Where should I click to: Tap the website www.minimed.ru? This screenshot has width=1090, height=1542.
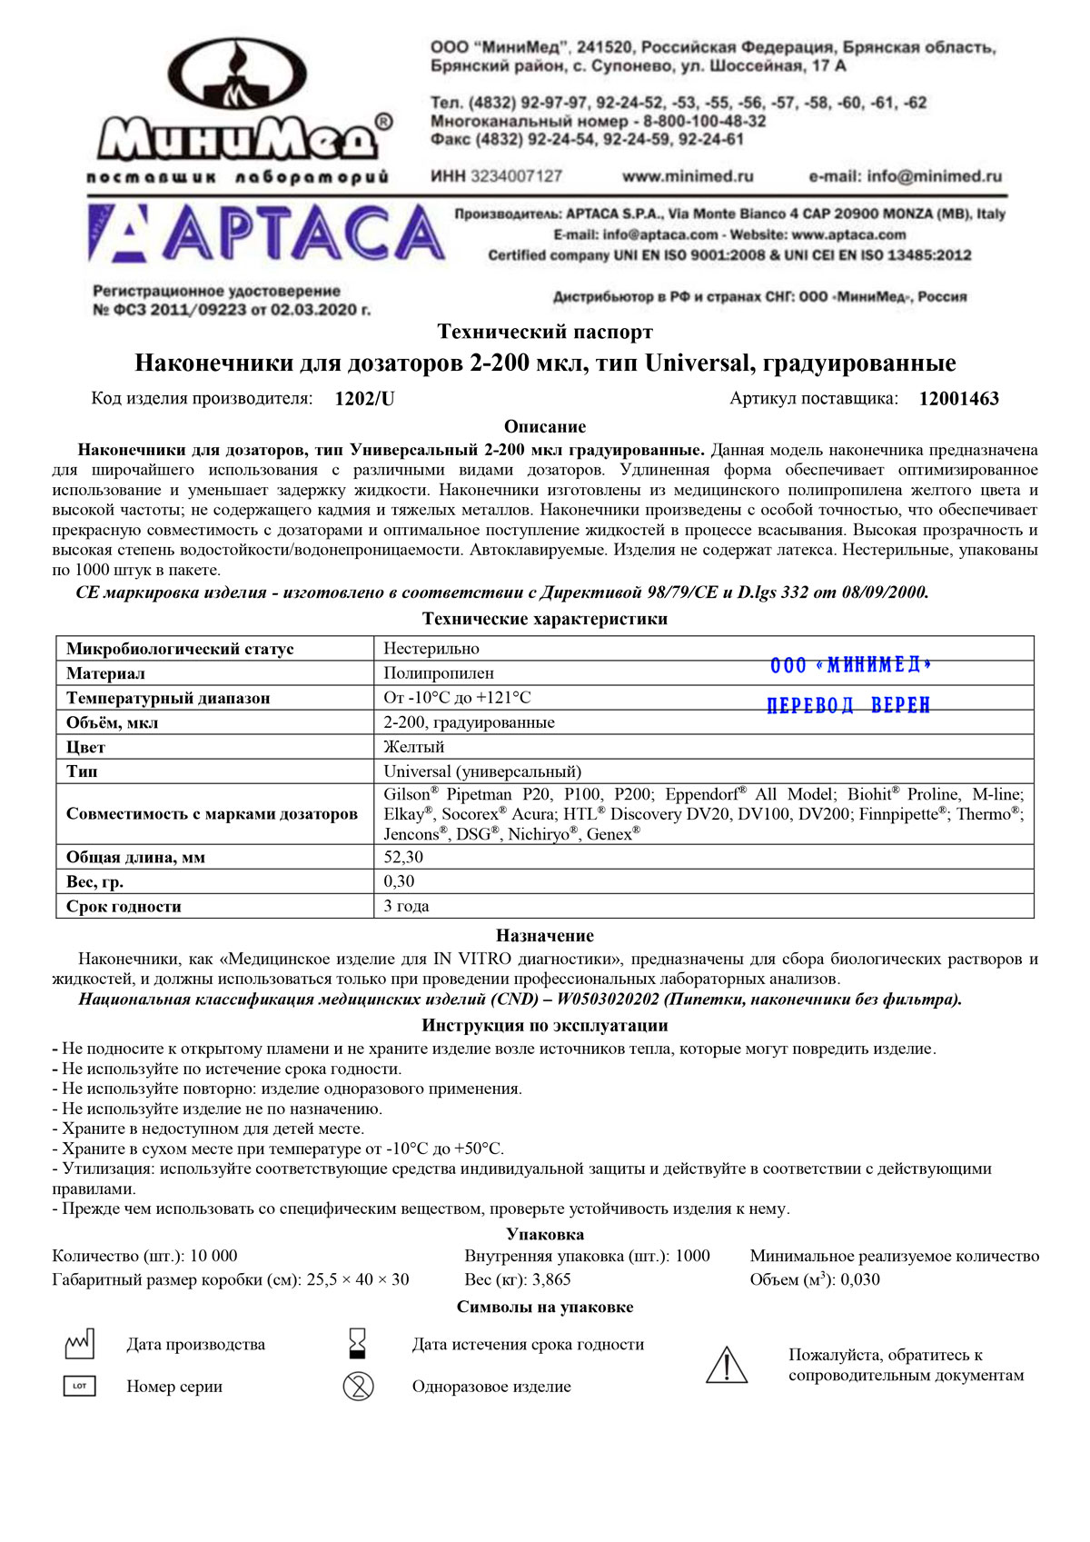pyautogui.click(x=688, y=176)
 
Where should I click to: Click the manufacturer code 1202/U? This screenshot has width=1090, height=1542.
pyautogui.click(x=364, y=399)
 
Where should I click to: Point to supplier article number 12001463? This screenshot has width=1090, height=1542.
pyautogui.click(x=958, y=399)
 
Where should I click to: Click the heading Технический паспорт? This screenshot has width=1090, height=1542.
pyautogui.click(x=545, y=332)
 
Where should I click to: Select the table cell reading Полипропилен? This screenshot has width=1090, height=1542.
pyautogui.click(x=439, y=673)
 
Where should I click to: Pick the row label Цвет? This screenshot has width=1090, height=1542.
pyautogui.click(x=85, y=747)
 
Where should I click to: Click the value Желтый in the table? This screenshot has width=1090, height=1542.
pyautogui.click(x=414, y=747)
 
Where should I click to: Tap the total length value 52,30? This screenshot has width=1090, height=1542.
pyautogui.click(x=403, y=857)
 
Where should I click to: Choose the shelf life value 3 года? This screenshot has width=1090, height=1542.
pyautogui.click(x=406, y=906)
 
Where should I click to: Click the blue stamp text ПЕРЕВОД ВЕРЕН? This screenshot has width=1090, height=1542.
pyautogui.click(x=848, y=706)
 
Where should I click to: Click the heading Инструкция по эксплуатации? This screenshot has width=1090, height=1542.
pyautogui.click(x=545, y=1026)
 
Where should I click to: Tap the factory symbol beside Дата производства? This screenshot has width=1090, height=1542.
pyautogui.click(x=79, y=1345)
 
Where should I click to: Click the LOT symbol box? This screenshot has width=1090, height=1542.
pyautogui.click(x=79, y=1387)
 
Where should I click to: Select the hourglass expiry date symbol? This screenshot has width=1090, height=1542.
pyautogui.click(x=358, y=1343)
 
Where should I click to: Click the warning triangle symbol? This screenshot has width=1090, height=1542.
pyautogui.click(x=727, y=1366)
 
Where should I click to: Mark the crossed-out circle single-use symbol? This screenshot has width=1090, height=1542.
pyautogui.click(x=358, y=1387)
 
